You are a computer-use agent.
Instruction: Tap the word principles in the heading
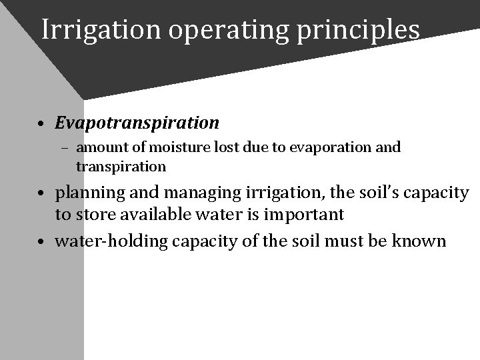[364, 30]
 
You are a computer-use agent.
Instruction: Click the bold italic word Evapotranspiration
[137, 123]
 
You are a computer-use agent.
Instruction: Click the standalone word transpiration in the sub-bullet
[121, 165]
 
